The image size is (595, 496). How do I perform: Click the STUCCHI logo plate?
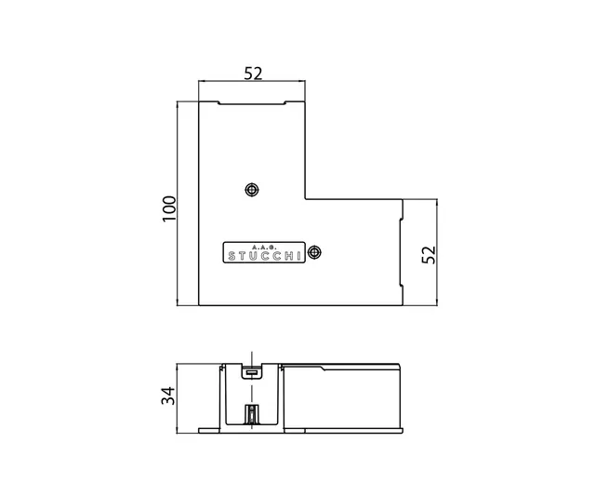pyautogui.click(x=263, y=254)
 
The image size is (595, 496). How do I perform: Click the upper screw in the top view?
pyautogui.click(x=250, y=190)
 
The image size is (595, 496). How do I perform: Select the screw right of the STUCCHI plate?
pyautogui.click(x=315, y=252)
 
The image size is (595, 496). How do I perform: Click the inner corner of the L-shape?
pyautogui.click(x=307, y=198)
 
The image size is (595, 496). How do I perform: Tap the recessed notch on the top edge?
pyautogui.click(x=252, y=102)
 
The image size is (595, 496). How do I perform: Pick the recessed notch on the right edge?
pyautogui.click(x=400, y=252)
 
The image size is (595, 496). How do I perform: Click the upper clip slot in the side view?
pyautogui.click(x=250, y=374)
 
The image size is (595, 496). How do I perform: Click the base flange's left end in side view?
pyautogui.click(x=202, y=431)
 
